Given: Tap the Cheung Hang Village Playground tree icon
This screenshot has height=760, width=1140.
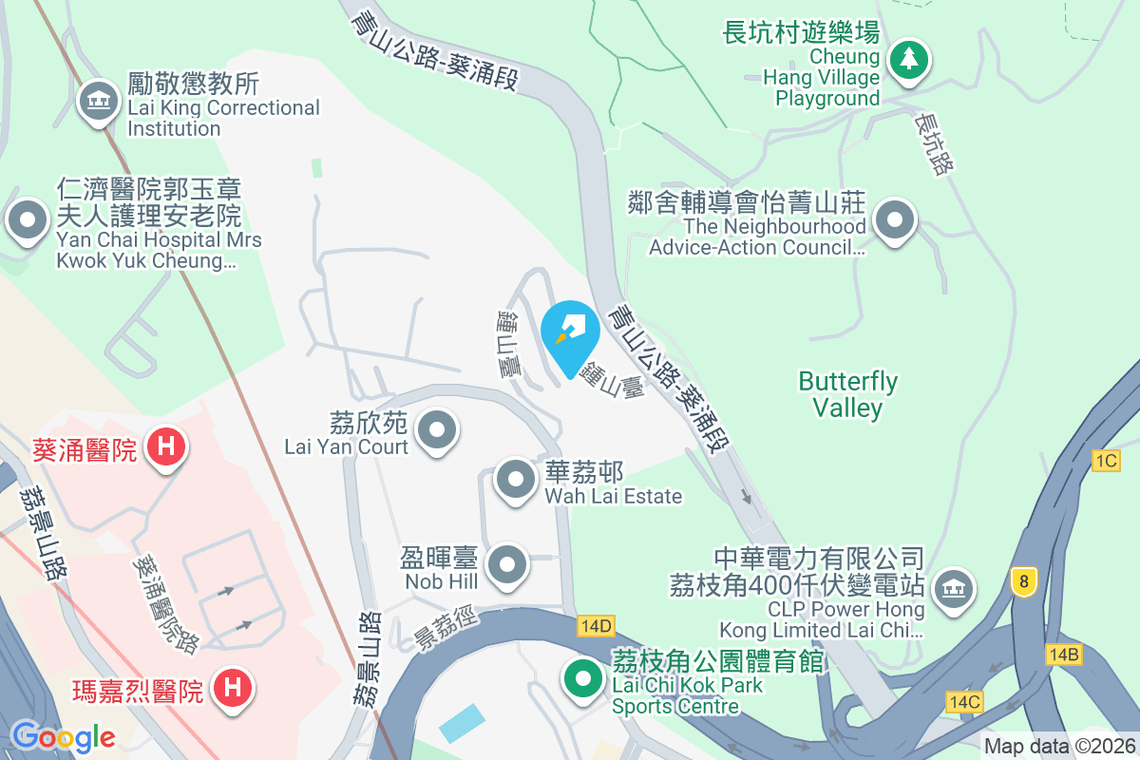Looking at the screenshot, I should [910, 59].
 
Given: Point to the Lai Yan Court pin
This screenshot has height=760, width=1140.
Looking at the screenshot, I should [437, 429].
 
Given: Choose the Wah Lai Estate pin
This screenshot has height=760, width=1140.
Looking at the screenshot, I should [516, 480].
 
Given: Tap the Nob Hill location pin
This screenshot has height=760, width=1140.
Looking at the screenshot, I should [506, 564].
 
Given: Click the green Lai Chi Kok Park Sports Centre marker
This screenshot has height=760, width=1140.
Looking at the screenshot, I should [583, 678].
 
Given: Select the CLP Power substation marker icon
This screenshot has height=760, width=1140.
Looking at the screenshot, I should [951, 589].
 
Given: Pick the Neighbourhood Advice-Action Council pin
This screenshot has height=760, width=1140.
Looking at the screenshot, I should [894, 222].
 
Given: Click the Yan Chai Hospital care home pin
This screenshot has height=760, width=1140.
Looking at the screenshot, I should [28, 220].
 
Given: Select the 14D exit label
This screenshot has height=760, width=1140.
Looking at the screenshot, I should [596, 626].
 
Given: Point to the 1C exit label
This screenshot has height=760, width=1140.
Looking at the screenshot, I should [1106, 461].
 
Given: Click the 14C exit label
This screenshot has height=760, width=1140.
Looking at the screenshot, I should [963, 701].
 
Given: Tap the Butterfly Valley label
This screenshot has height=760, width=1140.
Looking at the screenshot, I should [847, 394].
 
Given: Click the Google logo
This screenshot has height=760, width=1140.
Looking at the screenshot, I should [63, 736].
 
